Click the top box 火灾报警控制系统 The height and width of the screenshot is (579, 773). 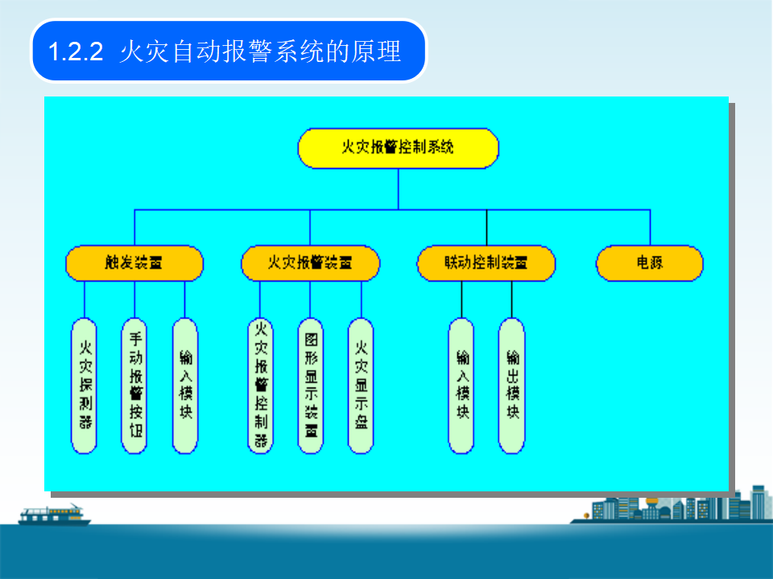coord(398,148)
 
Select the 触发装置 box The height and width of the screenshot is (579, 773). coord(134,263)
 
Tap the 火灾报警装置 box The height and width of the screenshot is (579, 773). coord(310,263)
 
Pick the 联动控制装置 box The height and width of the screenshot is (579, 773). coord(486,263)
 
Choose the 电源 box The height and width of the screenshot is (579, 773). coord(650,263)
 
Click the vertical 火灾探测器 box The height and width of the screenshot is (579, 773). coord(84,384)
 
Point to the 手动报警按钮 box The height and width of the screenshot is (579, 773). coord(134,384)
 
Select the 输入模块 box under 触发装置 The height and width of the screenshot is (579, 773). coord(185,384)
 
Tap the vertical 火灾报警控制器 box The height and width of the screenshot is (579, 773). coord(260,384)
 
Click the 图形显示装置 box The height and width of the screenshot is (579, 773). coord(310,384)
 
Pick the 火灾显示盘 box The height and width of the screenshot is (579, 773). coord(361,384)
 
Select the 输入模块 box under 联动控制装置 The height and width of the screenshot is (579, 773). coord(461,384)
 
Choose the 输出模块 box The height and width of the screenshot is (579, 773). coord(511,384)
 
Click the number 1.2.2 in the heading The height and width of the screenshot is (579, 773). coord(76,52)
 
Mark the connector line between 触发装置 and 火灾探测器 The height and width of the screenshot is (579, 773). coord(84,299)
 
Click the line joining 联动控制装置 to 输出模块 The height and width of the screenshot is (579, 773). coord(511,299)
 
